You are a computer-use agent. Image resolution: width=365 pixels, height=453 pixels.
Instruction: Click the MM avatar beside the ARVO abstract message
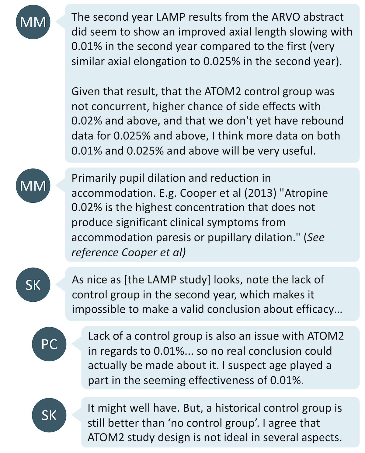click(33, 22)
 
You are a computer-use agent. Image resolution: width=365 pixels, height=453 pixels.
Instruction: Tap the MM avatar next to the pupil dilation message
click(33, 185)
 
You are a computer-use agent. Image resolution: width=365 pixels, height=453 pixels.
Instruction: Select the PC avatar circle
click(49, 344)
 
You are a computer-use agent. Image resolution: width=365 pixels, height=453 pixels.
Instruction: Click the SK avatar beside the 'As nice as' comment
click(33, 285)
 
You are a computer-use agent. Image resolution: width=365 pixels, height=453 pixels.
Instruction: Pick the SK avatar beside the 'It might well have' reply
click(49, 415)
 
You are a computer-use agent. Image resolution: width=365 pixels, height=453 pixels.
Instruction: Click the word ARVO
click(286, 17)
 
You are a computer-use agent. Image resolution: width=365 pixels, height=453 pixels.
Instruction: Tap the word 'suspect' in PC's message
click(244, 365)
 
